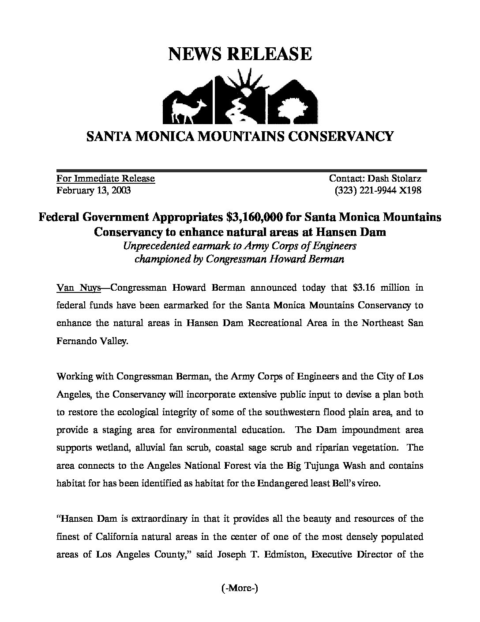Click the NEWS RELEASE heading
(240, 54)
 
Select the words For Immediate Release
(105, 178)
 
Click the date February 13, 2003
(94, 190)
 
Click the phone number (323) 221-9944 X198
(379, 190)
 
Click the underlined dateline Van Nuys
(79, 288)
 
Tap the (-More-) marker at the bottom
(239, 588)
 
